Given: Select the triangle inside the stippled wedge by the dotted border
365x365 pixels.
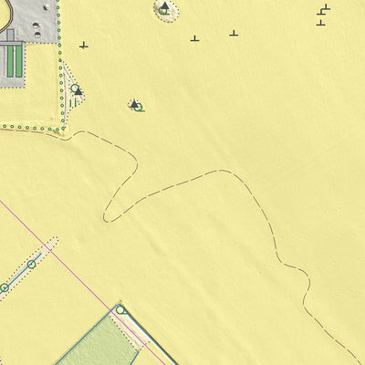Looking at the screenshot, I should coord(78,91).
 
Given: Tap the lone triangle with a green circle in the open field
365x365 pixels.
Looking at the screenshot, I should coord(135,105).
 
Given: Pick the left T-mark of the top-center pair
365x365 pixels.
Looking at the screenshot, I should coord(194,37).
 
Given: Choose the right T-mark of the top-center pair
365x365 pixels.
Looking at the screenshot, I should coord(234,33).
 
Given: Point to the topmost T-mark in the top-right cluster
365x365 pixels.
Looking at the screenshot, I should coord(326,7).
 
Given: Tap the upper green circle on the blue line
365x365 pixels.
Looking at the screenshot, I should coord(31,265).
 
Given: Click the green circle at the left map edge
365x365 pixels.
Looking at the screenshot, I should coord(4,288).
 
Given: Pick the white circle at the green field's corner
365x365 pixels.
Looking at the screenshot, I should coord(120,310).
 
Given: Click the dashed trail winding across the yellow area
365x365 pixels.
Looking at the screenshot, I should coord(182,182).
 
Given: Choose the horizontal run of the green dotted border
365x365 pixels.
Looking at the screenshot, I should coord(27,128).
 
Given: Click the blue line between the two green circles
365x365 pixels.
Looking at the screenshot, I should coord(17,276).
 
